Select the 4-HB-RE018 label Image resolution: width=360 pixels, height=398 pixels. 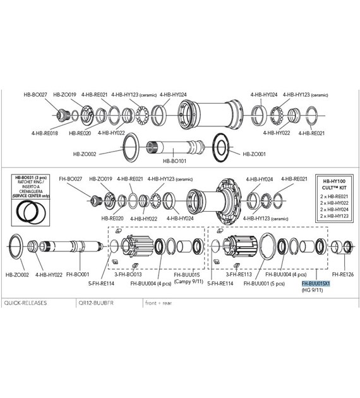(44, 133)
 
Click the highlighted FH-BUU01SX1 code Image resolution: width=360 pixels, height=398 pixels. (316, 284)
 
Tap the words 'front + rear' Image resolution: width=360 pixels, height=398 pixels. (160, 303)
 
